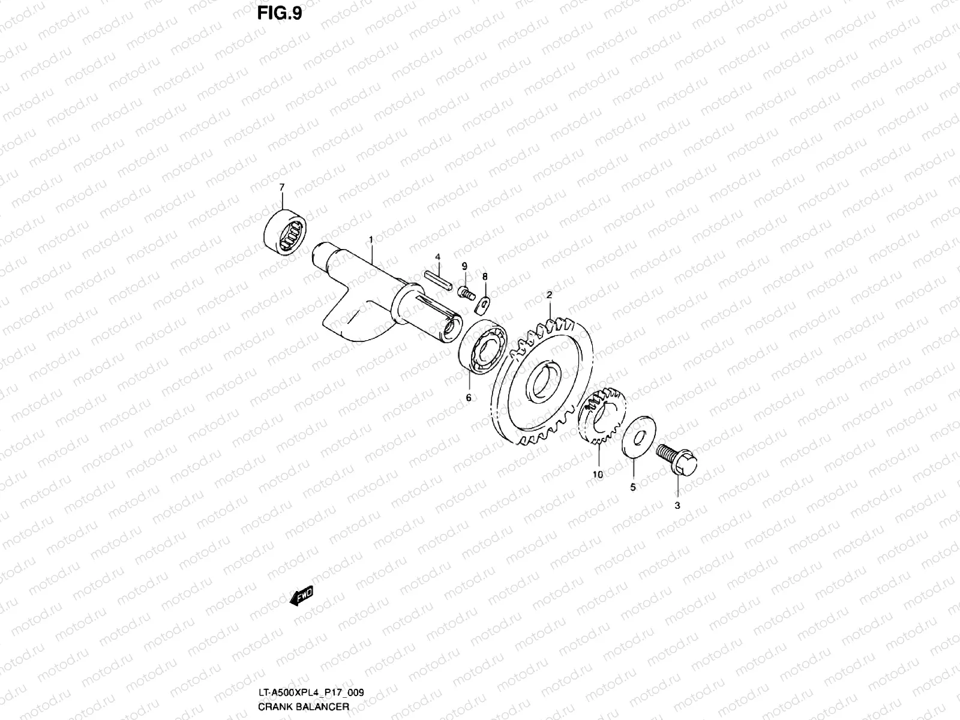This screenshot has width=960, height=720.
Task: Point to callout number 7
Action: point(282,188)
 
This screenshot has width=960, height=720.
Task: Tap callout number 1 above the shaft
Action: point(371,239)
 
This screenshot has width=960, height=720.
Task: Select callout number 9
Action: point(464,265)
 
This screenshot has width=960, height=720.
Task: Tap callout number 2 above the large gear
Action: point(548,295)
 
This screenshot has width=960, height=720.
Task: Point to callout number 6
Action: point(468,397)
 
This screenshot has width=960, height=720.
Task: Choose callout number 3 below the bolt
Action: point(677,506)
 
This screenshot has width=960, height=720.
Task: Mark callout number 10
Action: point(597,474)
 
